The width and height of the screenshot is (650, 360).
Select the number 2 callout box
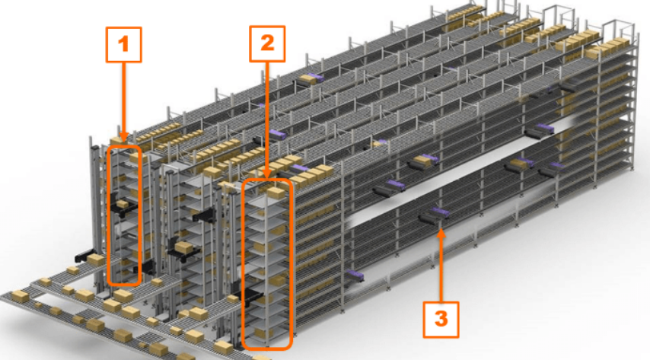(x=267, y=43)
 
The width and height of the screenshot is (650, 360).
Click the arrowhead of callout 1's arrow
(x=124, y=138)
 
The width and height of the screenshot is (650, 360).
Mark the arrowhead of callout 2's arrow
(x=267, y=175)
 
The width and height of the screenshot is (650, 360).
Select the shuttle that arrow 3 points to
(x=432, y=218)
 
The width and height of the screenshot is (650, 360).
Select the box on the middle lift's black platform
(x=183, y=247)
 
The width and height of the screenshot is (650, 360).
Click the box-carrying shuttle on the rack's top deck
(x=311, y=78)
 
